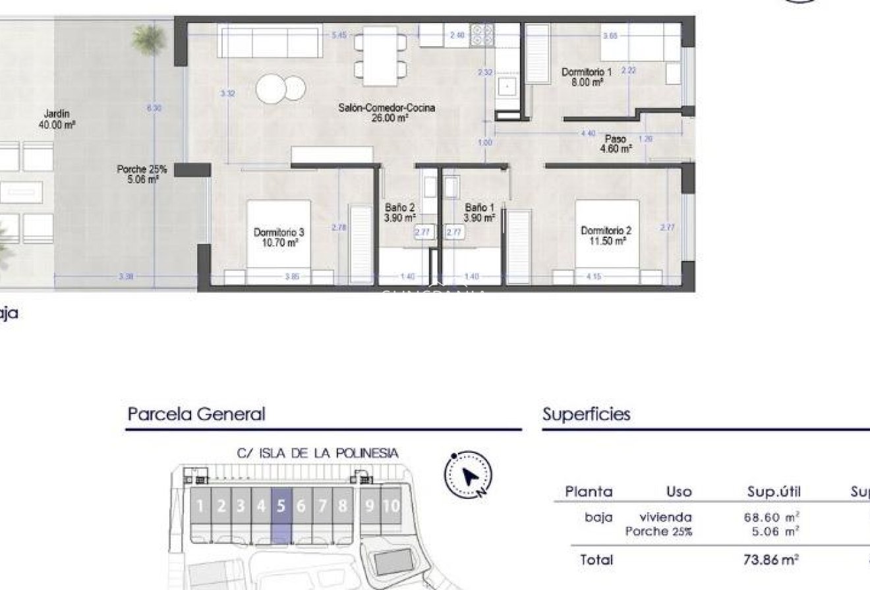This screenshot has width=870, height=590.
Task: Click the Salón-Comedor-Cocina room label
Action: [386, 113]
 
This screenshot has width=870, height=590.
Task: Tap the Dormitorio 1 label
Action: [587, 77]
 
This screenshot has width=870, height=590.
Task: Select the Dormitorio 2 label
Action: [606, 235]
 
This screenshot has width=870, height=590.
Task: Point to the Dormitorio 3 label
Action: [279, 237]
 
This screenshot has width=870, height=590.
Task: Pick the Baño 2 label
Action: [400, 212]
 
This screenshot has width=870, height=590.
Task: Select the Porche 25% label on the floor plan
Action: [142, 173]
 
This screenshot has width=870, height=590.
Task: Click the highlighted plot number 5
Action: [281, 506]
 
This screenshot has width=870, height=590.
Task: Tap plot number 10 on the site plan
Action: [391, 506]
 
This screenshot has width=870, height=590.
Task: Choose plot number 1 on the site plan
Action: [200, 506]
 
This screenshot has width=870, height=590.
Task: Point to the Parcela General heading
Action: [196, 415]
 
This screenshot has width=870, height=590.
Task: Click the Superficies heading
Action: [586, 415]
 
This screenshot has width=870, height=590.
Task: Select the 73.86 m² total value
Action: [771, 560]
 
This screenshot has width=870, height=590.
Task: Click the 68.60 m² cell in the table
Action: [771, 518]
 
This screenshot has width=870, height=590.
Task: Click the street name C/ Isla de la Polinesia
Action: [317, 453]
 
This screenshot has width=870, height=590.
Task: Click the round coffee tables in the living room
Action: [281, 90]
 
